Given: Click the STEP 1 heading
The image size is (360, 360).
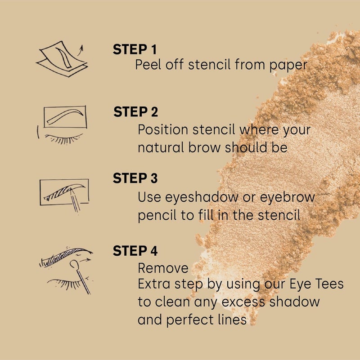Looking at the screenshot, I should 135,49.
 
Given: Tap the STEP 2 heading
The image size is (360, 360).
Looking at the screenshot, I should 135,112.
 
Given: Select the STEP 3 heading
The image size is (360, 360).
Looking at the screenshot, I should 135,178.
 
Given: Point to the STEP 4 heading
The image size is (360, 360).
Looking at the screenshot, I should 135,251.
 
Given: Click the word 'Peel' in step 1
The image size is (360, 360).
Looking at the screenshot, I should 147,65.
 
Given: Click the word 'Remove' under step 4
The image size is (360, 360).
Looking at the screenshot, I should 163,268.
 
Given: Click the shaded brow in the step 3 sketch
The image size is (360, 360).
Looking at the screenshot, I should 63,191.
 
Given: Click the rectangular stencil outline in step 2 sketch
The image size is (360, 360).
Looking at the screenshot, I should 65,117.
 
